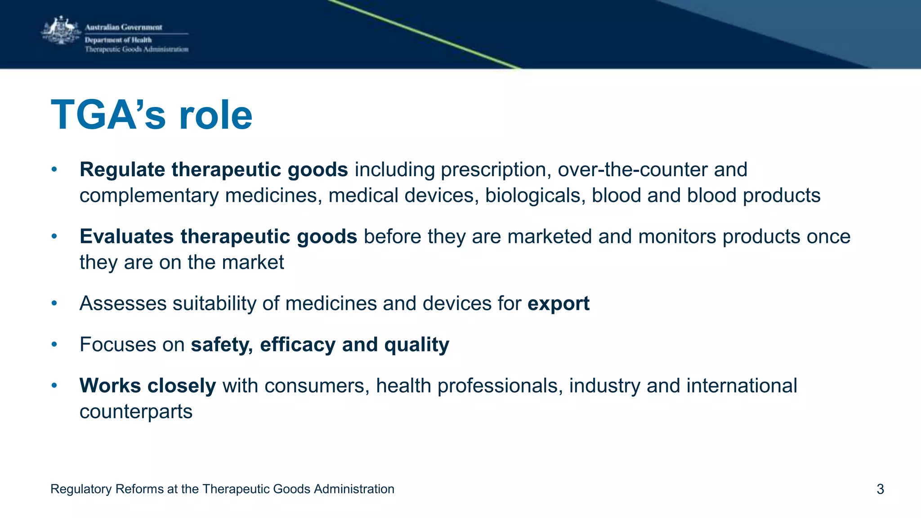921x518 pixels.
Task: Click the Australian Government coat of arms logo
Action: coord(61,31)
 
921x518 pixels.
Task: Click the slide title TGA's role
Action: coord(152,115)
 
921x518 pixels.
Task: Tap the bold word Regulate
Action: coord(122,170)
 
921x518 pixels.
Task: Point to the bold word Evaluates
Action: coord(126,237)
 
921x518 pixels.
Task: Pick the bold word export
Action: coord(558,304)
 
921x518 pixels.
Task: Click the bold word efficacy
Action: coord(297,345)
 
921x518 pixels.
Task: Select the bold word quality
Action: coord(416,345)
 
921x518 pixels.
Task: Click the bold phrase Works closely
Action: coord(148,386)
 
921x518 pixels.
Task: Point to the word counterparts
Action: coord(136,412)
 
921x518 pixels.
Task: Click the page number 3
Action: coord(880,489)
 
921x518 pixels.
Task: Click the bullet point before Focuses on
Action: coord(54,344)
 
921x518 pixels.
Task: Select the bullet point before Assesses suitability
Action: coord(54,304)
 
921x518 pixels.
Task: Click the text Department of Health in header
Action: coord(118,40)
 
